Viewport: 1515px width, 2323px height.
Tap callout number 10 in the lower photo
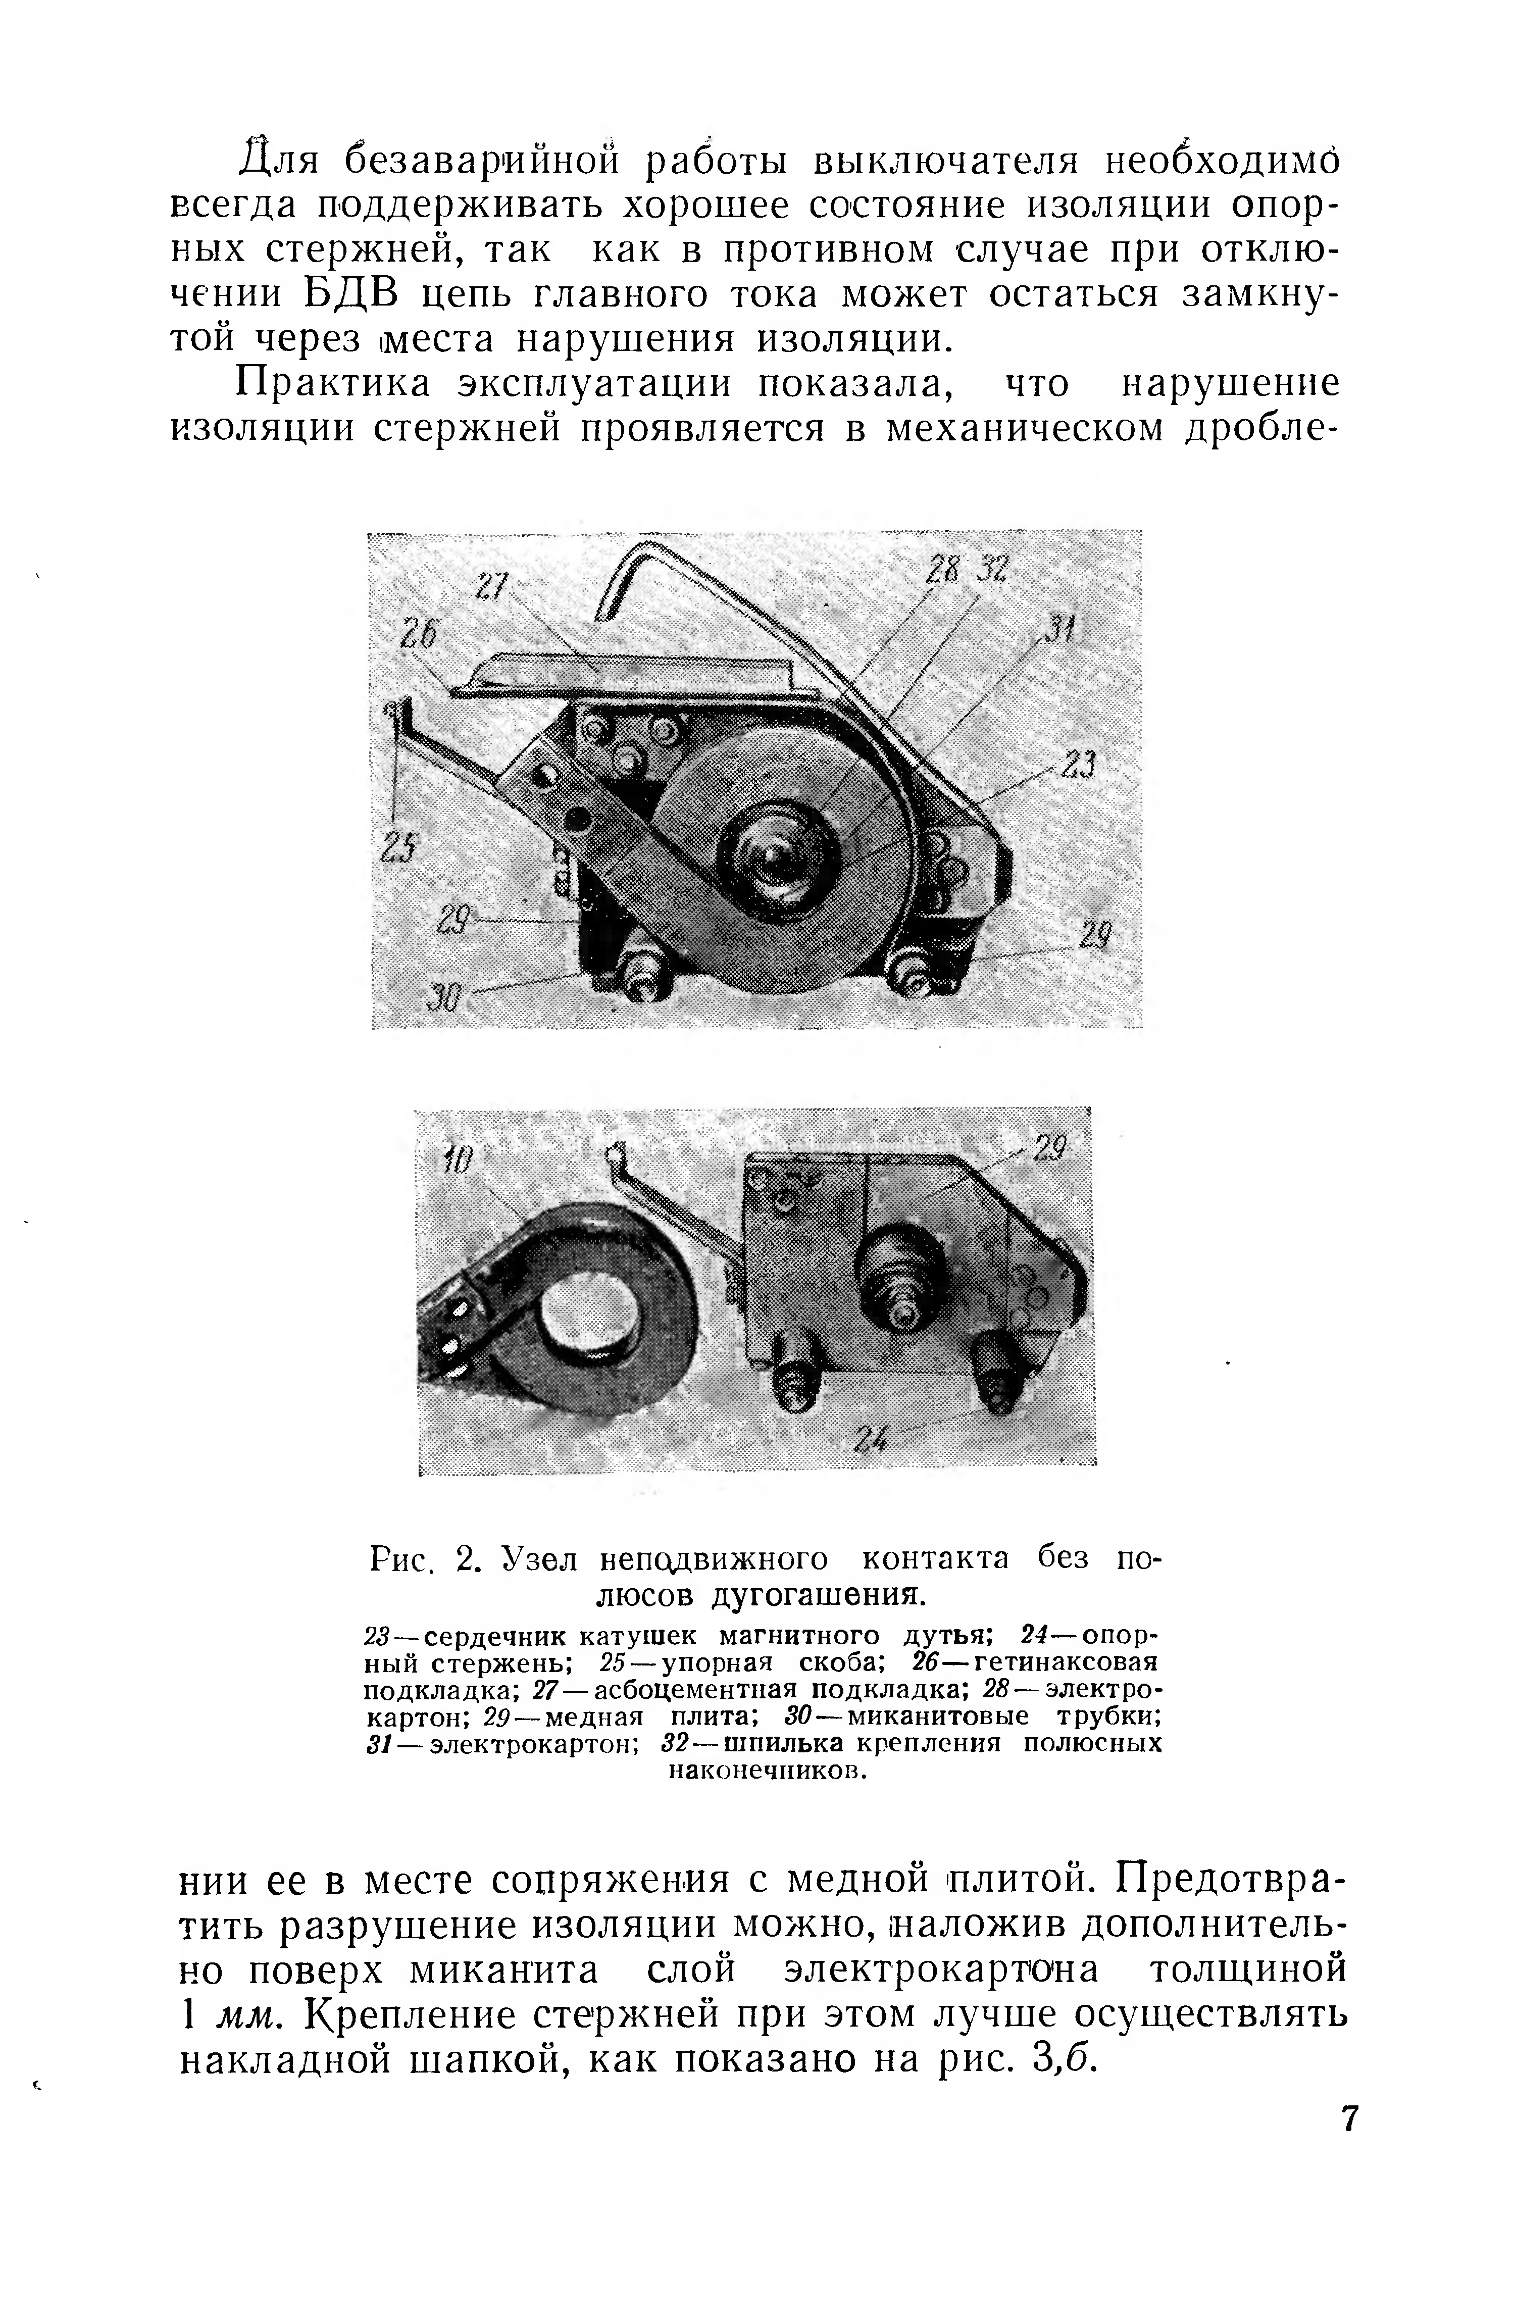pos(457,1160)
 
